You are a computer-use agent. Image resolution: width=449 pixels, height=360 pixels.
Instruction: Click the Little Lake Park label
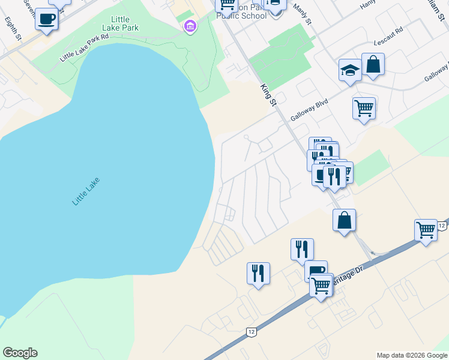point(125,23)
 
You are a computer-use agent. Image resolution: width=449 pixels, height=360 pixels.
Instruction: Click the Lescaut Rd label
point(388,44)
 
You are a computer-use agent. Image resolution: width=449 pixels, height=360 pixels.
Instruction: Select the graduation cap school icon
point(349,70)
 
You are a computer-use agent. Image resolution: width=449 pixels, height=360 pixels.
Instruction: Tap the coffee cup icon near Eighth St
point(46,19)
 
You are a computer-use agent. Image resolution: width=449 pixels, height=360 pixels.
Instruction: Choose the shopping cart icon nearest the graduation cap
point(364,109)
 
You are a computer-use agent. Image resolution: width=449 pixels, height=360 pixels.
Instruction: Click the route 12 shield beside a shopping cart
point(441,226)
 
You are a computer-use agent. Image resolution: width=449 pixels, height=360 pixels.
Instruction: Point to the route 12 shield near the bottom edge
point(251,331)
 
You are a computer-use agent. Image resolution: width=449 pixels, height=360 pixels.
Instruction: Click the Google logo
point(20,353)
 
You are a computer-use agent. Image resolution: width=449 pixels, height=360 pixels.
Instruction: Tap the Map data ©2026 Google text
point(412,355)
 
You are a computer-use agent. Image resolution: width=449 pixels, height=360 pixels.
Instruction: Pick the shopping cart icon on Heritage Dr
point(321,287)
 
